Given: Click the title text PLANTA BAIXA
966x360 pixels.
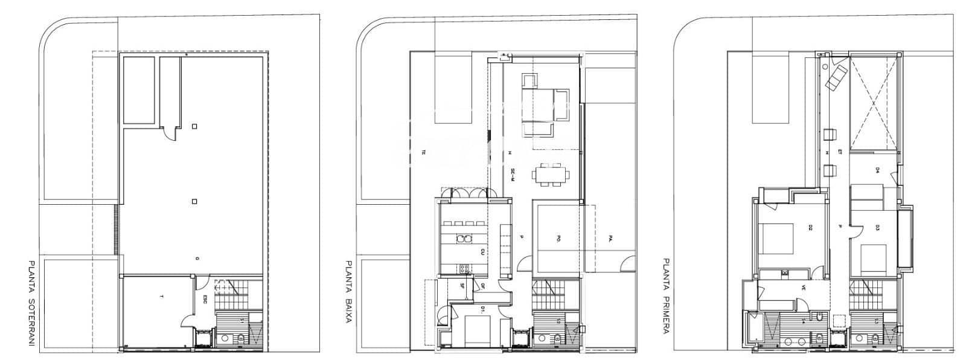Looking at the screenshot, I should (x=348, y=292).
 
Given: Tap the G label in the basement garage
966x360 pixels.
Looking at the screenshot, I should (x=197, y=259).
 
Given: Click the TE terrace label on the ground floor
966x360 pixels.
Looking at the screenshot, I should (x=424, y=152).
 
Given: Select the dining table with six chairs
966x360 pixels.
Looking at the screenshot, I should (x=550, y=175).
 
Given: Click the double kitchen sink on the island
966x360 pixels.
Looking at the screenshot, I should (x=464, y=239).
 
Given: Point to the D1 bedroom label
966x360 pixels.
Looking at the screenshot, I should (x=483, y=308).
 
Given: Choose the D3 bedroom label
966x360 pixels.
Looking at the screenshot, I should (x=877, y=228).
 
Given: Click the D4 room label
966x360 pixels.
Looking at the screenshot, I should (x=877, y=171).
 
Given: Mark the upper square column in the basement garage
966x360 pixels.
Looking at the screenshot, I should (x=194, y=126).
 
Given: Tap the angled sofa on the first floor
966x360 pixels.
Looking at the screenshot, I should (x=837, y=77).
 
